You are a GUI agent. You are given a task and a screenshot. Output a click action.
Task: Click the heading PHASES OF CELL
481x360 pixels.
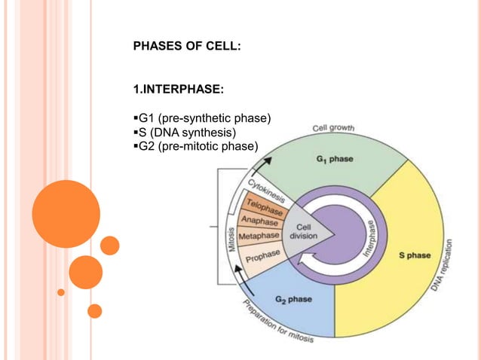click(187, 47)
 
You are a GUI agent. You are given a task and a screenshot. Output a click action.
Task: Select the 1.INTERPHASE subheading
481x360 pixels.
click(177, 91)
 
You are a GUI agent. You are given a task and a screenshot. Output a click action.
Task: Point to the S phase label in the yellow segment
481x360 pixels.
click(415, 255)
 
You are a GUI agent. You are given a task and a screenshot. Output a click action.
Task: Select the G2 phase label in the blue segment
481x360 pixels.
click(293, 299)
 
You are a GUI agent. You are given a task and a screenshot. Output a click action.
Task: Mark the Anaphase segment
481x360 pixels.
click(260, 220)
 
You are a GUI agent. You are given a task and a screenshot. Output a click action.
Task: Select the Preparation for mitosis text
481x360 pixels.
click(278, 325)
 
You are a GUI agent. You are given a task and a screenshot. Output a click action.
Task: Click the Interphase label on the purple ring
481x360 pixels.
click(369, 237)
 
